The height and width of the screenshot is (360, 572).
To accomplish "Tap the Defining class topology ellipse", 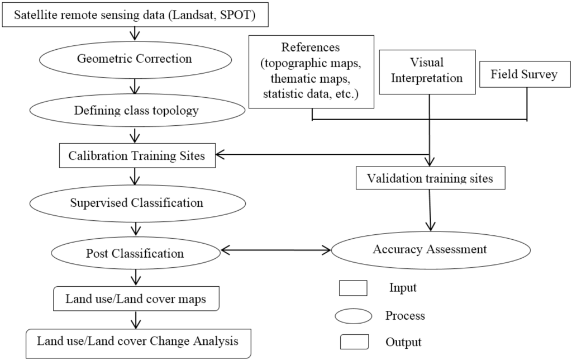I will pos(137,110).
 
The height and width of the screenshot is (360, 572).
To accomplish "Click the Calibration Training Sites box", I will pos(137,156).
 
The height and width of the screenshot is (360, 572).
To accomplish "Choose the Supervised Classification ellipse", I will pos(137,202).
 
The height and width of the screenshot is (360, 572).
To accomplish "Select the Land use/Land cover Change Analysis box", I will pos(138,340).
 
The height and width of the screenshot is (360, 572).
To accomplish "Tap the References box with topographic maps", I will pos(311,72).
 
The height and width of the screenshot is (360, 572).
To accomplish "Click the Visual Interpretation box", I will pos(427,71).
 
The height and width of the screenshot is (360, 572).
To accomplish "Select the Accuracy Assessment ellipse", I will pos(430,249).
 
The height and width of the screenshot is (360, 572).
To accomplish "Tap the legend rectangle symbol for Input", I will pos(352,288).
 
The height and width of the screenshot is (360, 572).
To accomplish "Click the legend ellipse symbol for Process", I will pos(353,316).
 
